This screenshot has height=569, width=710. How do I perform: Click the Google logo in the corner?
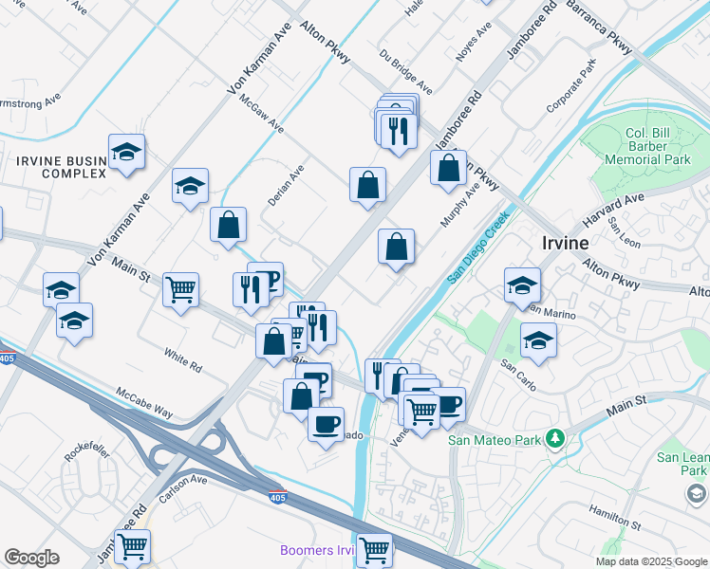tap(31, 558)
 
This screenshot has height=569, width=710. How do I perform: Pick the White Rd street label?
tap(182, 361)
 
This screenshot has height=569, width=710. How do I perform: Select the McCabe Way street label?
tap(144, 402)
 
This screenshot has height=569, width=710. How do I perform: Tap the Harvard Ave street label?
tap(613, 210)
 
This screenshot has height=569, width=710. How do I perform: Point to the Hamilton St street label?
tap(615, 517)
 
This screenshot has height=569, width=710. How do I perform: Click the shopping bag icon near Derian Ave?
tap(228, 225)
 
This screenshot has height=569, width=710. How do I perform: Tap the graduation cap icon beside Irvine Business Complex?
tap(125, 153)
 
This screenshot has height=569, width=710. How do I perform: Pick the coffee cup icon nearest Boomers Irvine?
tap(326, 423)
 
